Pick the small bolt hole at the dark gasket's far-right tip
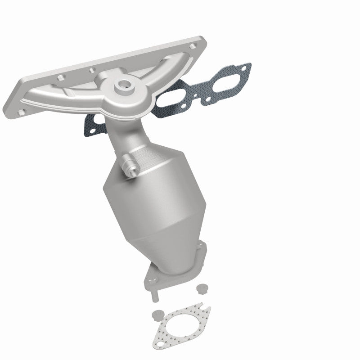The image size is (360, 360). (244, 68)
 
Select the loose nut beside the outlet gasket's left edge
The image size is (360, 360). (156, 314)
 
